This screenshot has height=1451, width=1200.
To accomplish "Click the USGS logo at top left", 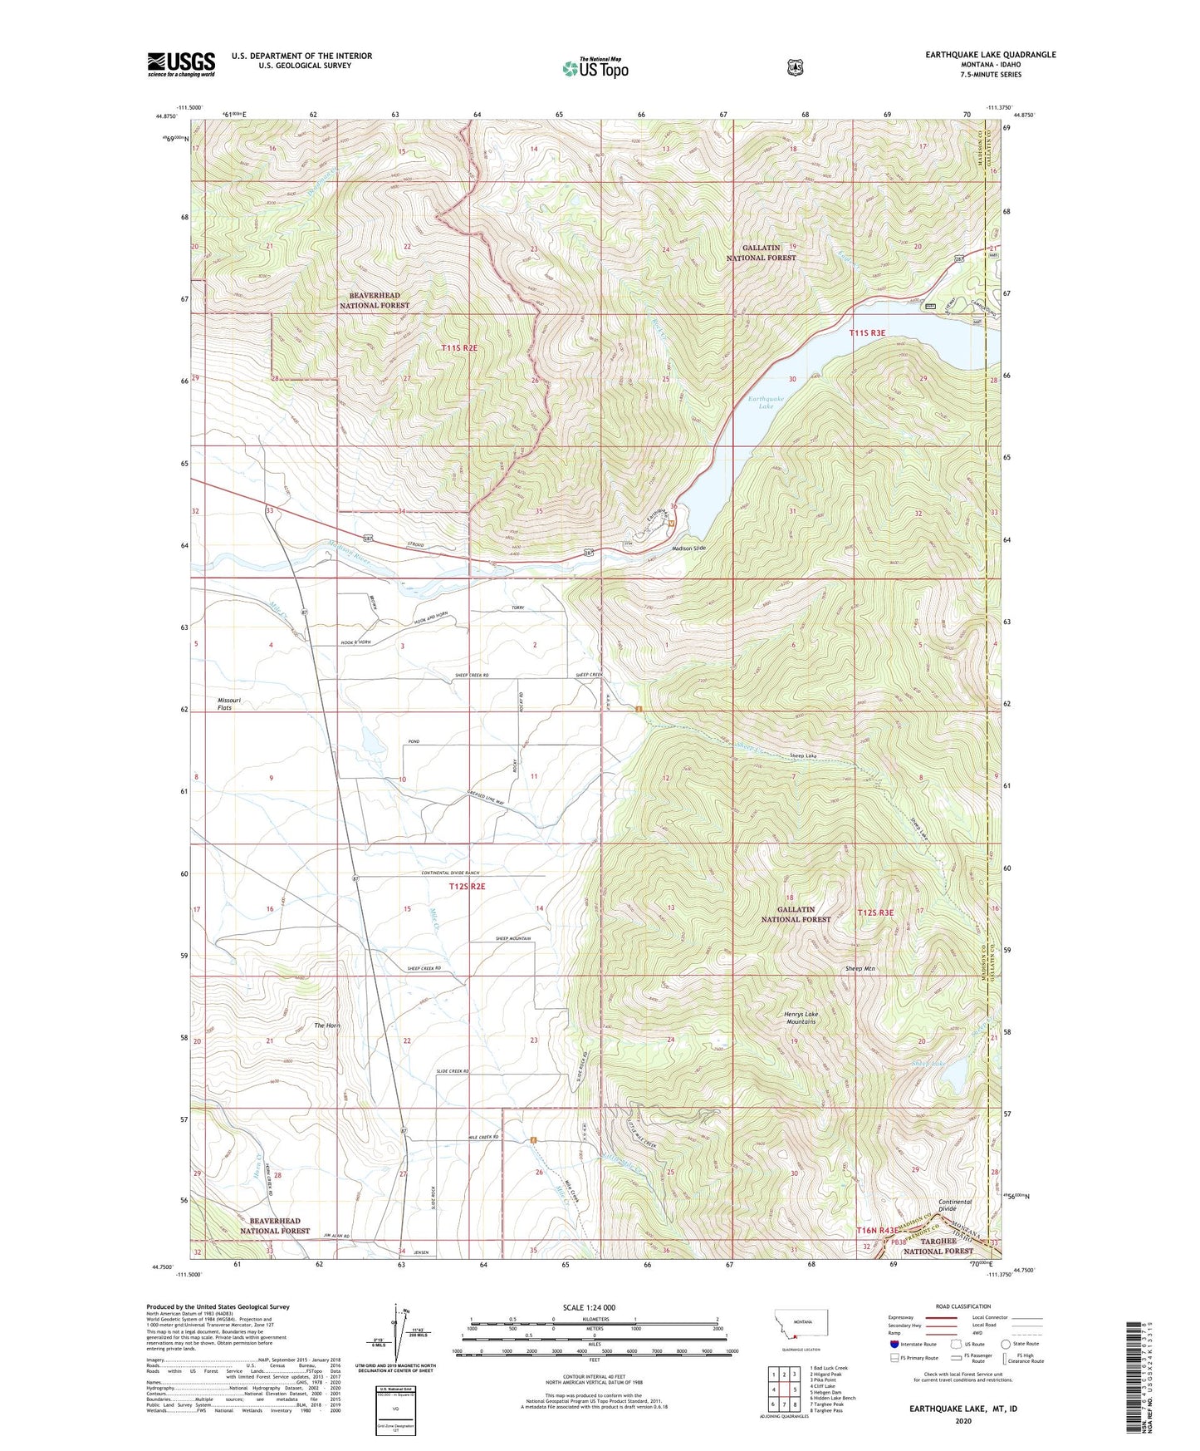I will coord(181,64).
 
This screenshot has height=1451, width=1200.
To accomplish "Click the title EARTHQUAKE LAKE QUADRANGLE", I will coord(991,55).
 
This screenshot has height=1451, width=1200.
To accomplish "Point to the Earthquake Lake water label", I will coord(766,403).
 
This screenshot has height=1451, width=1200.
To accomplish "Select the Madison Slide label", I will coord(688,548).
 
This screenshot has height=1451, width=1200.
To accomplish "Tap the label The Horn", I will coord(326,1026).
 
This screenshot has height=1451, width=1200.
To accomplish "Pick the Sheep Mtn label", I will coord(860,969).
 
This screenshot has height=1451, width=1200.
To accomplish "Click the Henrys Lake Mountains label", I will coord(800,1017).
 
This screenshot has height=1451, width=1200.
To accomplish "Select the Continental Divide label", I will coord(954,1206).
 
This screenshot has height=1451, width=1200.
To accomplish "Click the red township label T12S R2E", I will coord(467,887).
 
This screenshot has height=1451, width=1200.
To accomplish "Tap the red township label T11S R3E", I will coord(867,332).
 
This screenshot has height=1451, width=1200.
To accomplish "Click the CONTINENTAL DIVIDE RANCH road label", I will coord(450,873).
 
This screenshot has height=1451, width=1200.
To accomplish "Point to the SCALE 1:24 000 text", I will coord(589,1307).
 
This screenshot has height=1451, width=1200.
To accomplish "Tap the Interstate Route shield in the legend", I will coord(894,1344).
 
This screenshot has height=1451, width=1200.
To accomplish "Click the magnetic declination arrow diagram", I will coord(397,1330).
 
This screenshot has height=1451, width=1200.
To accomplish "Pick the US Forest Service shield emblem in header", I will coord(795,67).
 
